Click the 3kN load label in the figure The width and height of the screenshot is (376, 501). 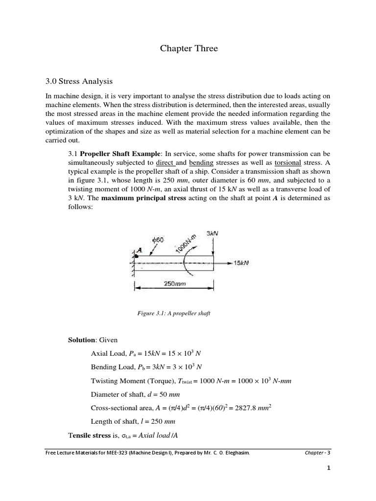212,234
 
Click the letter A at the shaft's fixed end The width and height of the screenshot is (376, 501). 139,249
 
